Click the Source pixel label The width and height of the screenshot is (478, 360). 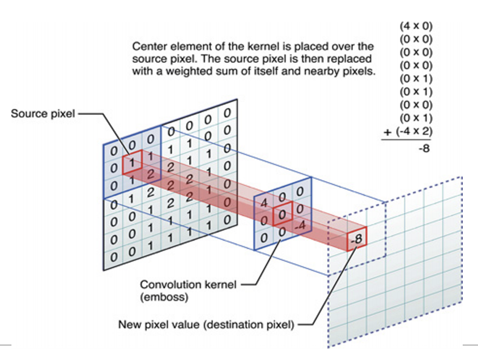[43, 113]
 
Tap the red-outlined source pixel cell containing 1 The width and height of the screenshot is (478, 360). [132, 161]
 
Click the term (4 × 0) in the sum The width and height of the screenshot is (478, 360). [416, 26]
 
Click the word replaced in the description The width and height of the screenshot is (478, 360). [351, 59]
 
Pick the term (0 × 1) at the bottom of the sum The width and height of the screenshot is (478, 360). [416, 118]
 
